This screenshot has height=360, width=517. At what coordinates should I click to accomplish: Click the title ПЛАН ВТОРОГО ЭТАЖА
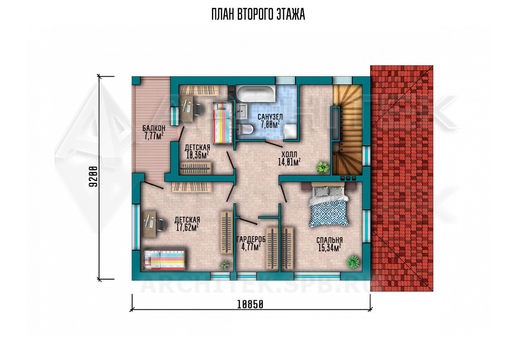[x=258, y=15]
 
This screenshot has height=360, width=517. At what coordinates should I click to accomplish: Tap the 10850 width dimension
[x=250, y=305]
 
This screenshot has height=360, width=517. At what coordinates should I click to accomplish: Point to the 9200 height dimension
[x=93, y=176]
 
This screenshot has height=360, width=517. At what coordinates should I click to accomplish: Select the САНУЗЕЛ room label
[x=270, y=117]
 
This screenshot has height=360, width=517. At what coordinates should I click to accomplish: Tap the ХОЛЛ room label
[x=289, y=154]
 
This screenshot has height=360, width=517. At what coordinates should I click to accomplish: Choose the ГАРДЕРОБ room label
[x=251, y=240]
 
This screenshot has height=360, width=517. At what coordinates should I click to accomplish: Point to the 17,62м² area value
[x=188, y=227]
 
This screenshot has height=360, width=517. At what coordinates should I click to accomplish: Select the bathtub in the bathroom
[x=256, y=93]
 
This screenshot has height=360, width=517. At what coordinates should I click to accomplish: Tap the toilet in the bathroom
[x=244, y=130]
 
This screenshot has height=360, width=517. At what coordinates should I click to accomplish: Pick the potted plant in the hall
[x=322, y=167]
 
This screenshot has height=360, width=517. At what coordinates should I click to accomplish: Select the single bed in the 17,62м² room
[x=164, y=260]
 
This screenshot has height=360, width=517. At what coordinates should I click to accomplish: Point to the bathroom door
[x=274, y=144]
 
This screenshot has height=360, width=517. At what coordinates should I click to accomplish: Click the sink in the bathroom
[x=242, y=111]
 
